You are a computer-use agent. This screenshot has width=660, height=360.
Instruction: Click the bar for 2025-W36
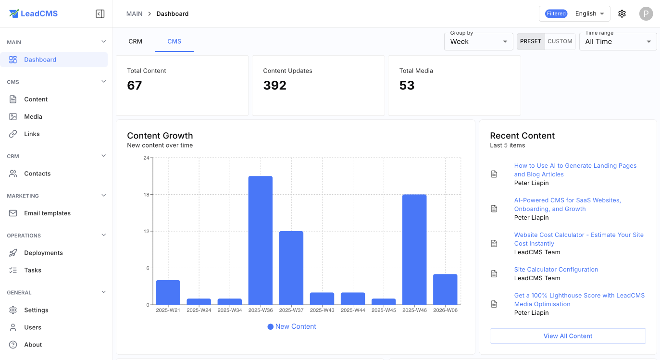tap(260, 240)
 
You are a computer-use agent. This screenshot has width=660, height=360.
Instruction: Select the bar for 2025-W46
tap(414, 249)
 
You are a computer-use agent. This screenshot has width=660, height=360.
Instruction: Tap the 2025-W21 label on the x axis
tap(168, 310)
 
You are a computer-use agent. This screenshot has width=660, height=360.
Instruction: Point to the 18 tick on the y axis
tap(146, 195)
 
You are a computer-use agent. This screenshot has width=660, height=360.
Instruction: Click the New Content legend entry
tap(292, 326)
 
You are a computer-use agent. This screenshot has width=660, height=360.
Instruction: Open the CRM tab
tap(135, 41)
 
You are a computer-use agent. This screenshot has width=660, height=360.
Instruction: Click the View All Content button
tap(567, 336)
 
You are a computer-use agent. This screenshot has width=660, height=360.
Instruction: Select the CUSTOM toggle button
tap(560, 41)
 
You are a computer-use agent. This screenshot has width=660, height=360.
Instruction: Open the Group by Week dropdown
tap(478, 42)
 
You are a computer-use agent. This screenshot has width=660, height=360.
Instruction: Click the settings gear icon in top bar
tap(622, 13)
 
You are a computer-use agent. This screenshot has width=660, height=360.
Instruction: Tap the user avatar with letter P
tap(646, 13)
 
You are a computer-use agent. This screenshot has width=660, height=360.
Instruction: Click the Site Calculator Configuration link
tap(556, 270)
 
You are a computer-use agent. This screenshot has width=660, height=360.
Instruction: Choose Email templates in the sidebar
tap(47, 213)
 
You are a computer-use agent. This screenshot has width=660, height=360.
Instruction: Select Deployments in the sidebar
tap(43, 253)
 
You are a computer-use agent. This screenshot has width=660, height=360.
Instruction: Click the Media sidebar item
tap(33, 116)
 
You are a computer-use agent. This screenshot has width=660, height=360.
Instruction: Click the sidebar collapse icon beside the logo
tap(100, 14)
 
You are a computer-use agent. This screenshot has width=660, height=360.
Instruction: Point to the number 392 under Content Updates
tap(274, 86)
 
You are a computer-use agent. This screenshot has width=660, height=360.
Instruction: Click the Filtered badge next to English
tap(556, 13)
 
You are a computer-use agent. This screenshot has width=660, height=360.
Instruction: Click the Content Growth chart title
tap(160, 136)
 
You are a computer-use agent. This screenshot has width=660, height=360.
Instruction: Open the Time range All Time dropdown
tap(618, 42)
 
